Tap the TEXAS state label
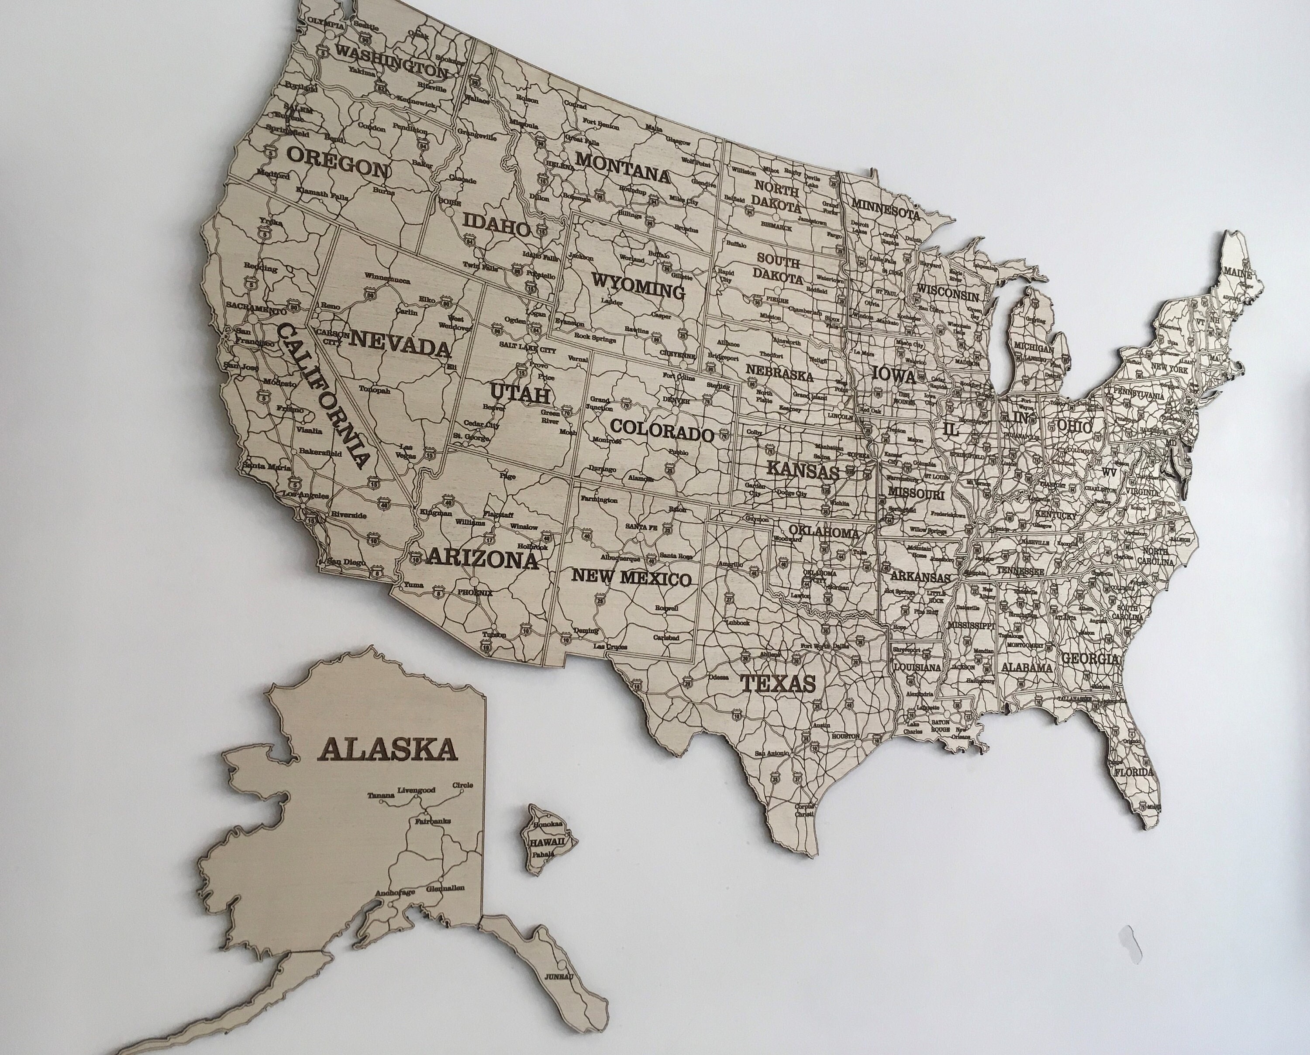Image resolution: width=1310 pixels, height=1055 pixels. (778, 684)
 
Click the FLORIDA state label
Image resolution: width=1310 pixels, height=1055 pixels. (1133, 772)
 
